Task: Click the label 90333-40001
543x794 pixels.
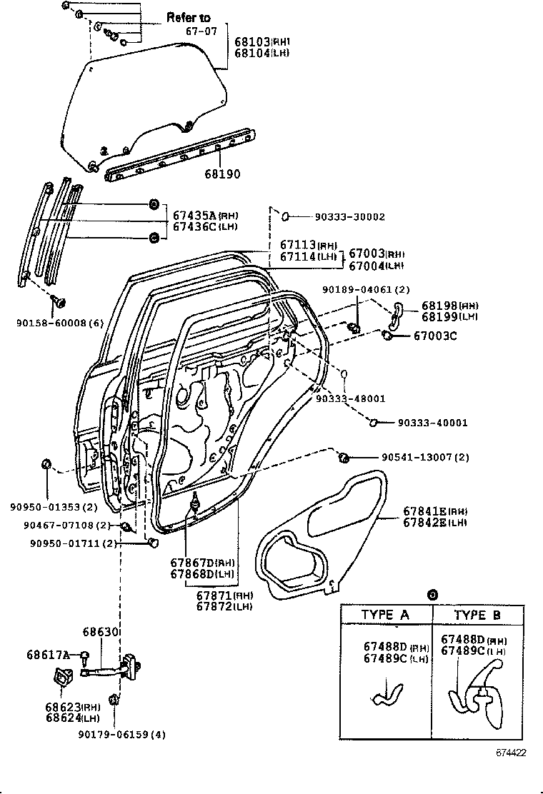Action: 433,423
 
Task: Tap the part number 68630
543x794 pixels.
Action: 99,632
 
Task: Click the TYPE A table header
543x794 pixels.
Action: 385,614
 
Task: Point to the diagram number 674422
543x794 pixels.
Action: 512,753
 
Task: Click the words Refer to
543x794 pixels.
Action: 189,16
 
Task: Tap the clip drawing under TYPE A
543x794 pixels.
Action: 387,693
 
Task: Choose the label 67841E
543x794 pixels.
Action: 424,511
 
